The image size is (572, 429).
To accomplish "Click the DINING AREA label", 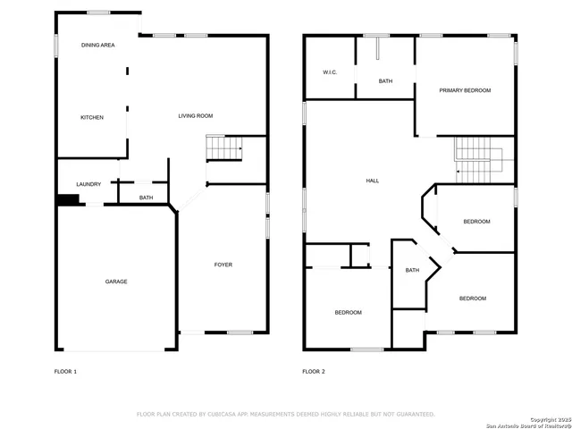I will click(98, 45).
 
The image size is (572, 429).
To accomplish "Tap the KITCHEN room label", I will click(92, 118).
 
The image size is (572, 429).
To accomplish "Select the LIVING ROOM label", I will click(195, 116).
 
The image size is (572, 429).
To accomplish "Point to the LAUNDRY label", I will click(88, 185).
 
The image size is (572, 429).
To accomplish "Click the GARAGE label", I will click(116, 282).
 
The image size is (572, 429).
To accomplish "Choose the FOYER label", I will click(223, 265).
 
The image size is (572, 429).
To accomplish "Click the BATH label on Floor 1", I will click(147, 198).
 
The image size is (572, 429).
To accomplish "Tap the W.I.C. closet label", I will click(329, 72).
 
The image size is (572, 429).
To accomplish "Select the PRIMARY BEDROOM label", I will click(464, 90).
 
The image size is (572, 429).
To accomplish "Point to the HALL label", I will click(373, 181).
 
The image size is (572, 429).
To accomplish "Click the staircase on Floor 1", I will click(224, 148).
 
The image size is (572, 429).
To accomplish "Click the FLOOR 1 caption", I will click(65, 371).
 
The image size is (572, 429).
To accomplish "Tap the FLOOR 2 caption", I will click(313, 371).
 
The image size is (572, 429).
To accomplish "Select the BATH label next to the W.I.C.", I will click(385, 81).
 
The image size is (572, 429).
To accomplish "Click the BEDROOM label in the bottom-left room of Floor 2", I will click(349, 313).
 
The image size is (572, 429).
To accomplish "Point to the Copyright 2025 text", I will click(547, 418).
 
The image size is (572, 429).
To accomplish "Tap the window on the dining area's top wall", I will click(98, 12).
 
